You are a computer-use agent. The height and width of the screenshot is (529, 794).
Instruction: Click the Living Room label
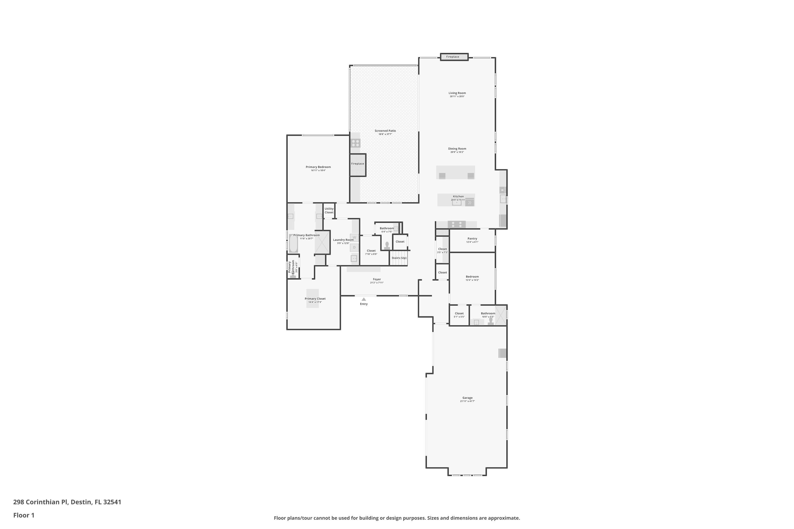pos(457,93)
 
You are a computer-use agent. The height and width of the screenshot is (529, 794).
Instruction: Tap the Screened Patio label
pos(385,131)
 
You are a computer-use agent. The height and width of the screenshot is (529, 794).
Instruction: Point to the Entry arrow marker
pos(364,299)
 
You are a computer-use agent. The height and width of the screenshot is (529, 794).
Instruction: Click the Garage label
pos(468,398)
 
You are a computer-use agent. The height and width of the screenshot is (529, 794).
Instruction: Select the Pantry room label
pos(472,239)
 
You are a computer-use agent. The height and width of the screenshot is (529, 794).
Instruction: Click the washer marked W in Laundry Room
pos(354,238)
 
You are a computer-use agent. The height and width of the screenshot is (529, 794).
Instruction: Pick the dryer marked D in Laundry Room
pos(354,248)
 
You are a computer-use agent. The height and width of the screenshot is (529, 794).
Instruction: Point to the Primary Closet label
pos(315,299)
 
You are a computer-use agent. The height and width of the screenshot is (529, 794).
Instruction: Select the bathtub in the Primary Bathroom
pos(293,244)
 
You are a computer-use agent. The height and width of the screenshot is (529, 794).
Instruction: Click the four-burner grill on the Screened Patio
pos(355,143)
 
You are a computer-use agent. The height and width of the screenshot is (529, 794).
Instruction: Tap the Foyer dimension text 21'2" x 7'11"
pos(377,283)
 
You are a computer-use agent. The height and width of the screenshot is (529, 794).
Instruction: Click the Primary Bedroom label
pos(318,167)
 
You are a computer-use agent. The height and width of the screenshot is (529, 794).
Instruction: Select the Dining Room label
pos(457,149)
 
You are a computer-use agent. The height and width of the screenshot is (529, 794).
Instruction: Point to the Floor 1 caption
pos(24,515)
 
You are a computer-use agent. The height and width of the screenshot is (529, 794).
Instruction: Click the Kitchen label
pos(458,196)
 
